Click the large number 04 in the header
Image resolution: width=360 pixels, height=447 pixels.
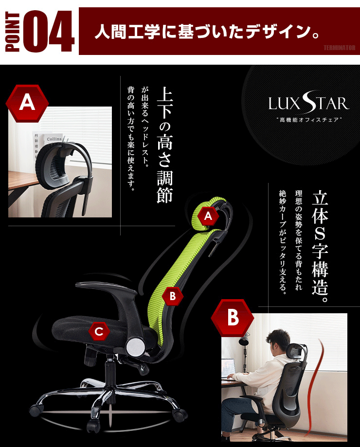coord(49,31)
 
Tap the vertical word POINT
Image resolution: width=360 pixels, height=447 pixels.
coord(13,31)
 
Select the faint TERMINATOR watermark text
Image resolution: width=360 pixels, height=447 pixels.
coord(339,48)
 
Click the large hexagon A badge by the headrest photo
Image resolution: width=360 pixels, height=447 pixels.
coord(27,103)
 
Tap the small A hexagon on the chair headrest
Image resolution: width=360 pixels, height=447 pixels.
coord(208,216)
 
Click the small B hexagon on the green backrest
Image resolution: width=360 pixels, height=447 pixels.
coord(172,296)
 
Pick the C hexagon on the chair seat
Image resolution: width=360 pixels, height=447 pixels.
coord(99,331)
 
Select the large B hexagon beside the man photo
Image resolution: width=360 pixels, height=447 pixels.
coord(233,317)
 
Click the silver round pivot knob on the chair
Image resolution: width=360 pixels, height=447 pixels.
coord(136,346)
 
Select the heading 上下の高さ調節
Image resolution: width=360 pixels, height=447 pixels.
coord(165,145)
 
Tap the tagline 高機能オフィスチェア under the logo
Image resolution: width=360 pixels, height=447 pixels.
coord(309,120)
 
